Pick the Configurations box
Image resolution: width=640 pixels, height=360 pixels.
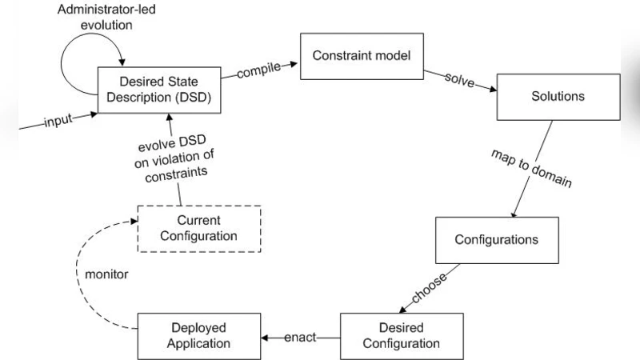(496, 239)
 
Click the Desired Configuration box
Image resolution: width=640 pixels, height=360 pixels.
(402, 336)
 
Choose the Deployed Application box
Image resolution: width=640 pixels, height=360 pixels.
(199, 336)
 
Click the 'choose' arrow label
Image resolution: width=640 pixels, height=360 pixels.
(430, 290)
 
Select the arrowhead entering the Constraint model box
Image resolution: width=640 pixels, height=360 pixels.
(294, 65)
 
